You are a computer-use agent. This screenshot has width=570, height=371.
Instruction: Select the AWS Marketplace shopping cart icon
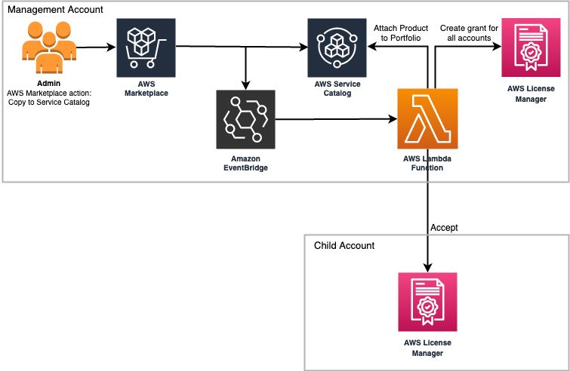[146, 48]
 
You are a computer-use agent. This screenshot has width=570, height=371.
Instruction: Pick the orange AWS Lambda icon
[427, 119]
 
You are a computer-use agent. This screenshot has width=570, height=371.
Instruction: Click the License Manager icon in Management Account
[531, 48]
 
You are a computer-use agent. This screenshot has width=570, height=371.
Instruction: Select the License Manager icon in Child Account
[427, 302]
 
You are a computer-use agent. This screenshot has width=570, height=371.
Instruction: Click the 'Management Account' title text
[55, 11]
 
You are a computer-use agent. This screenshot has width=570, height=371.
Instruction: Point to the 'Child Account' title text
[344, 246]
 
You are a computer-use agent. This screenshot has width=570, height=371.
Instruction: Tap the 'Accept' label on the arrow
[444, 227]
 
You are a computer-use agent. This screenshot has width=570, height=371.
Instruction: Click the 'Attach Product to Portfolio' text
[400, 34]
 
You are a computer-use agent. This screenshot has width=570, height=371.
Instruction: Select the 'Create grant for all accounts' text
[470, 34]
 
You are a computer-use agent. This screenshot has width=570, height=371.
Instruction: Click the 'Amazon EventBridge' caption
[245, 163]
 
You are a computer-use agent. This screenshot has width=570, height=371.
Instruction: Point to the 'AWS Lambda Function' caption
[427, 163]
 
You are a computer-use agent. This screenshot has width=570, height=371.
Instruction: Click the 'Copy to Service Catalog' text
[48, 102]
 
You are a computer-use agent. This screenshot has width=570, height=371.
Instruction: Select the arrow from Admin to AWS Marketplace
[97, 48]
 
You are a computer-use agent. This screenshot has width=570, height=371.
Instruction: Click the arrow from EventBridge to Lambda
[336, 119]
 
